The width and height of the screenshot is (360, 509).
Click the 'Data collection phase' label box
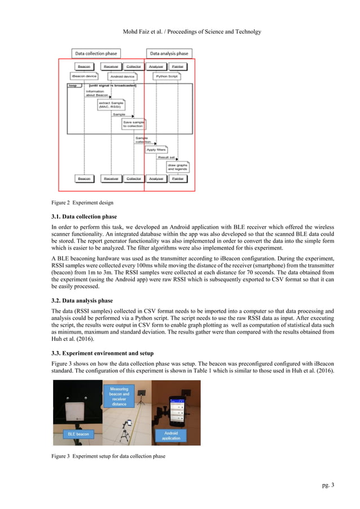pyautogui.click(x=97, y=53)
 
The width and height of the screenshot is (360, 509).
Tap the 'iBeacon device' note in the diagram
pyautogui.click(x=84, y=76)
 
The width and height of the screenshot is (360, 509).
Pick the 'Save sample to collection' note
pyautogui.click(x=133, y=124)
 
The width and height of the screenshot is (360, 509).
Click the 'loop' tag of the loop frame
pyautogui.click(x=72, y=85)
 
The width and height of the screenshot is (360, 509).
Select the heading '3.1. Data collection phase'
pyautogui.click(x=89, y=217)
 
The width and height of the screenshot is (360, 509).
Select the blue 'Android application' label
pyautogui.click(x=171, y=435)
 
